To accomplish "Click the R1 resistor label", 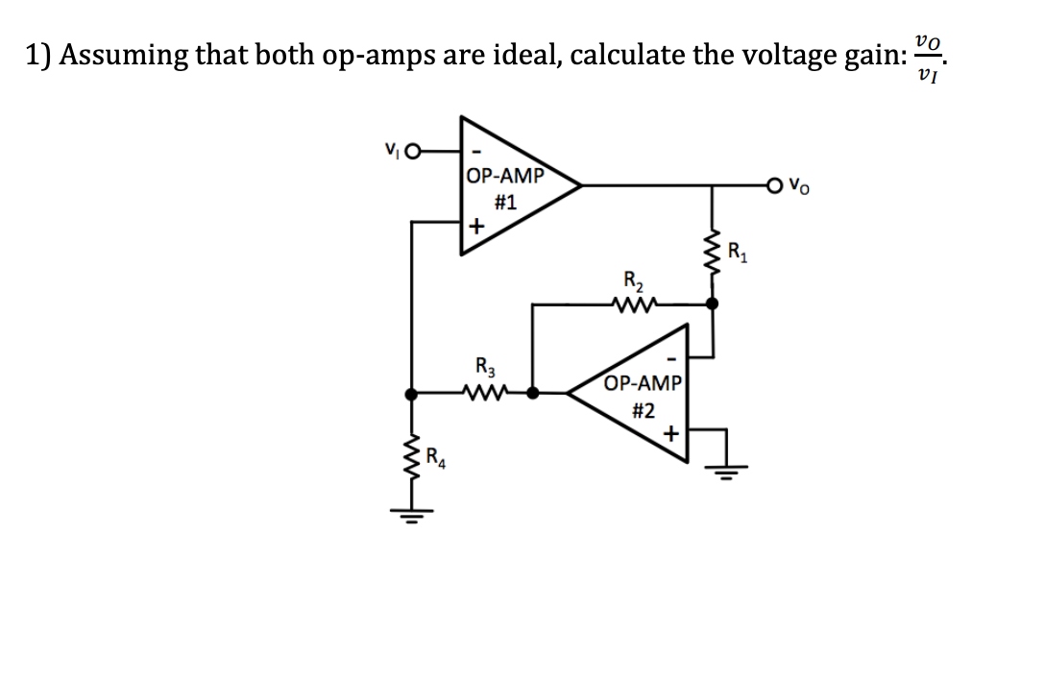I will click(x=738, y=255).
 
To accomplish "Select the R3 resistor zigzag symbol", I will click(x=481, y=393).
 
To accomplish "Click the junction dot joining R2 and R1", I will click(x=712, y=303).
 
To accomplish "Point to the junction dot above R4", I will click(x=412, y=393).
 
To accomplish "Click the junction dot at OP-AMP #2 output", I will click(x=534, y=393).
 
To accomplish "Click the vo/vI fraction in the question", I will click(x=926, y=56).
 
